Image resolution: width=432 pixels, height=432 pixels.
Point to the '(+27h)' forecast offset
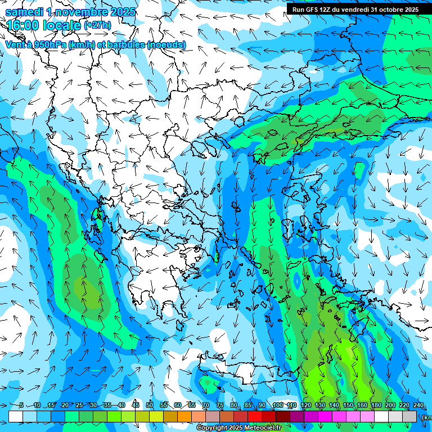(97, 25)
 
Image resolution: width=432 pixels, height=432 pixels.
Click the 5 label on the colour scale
(21, 406)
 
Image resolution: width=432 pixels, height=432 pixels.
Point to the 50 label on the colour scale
(150, 406)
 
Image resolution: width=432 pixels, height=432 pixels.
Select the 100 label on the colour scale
(277, 406)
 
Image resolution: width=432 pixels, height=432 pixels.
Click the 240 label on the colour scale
(418, 406)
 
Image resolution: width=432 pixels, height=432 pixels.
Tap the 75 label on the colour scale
(220, 406)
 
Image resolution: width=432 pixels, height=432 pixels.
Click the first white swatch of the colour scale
(16, 416)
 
